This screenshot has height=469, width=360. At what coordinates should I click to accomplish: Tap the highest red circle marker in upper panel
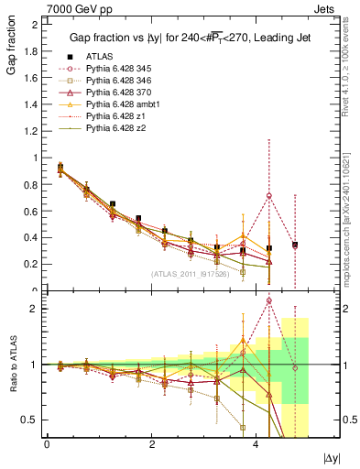point(269,195)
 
